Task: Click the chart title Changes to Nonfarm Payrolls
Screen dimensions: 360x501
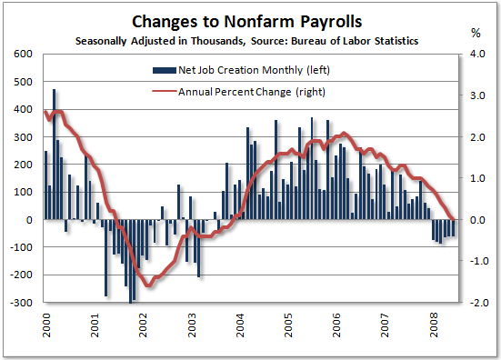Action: pyautogui.click(x=251, y=21)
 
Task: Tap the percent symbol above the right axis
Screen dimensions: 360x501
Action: pyautogui.click(x=474, y=33)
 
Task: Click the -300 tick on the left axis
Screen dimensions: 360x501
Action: pyautogui.click(x=20, y=303)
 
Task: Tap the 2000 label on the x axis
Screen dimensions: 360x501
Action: pyautogui.click(x=45, y=326)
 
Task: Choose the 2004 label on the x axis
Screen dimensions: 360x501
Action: pyautogui.click(x=240, y=326)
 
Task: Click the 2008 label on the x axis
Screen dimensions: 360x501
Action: pyautogui.click(x=433, y=326)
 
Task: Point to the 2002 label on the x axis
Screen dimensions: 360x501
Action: pyautogui.click(x=143, y=326)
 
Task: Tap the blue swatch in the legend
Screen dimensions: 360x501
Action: pyautogui.click(x=163, y=70)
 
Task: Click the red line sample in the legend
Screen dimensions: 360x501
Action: pyautogui.click(x=163, y=91)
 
